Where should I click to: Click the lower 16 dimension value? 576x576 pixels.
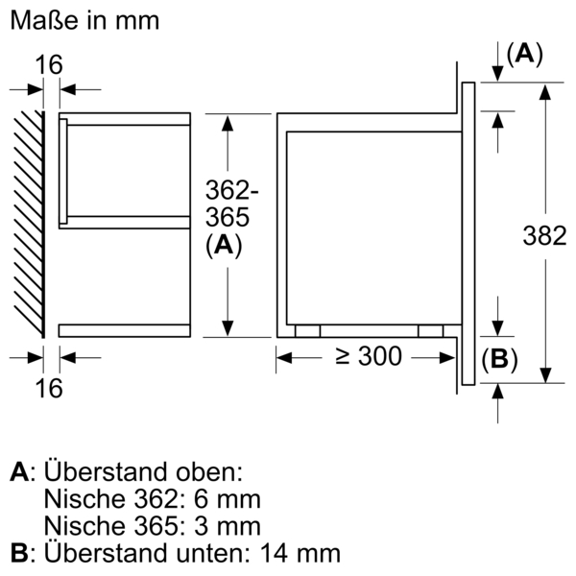50,388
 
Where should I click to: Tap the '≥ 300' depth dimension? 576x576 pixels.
367,357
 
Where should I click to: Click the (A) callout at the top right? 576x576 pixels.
524,55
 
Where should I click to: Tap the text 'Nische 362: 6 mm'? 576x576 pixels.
152,499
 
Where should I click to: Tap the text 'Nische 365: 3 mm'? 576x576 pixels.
152,526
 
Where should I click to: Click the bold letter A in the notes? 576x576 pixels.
19,472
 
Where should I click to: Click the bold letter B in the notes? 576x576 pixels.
18,553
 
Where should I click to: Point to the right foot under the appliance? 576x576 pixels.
431,330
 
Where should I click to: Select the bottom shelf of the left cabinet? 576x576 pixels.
125,330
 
